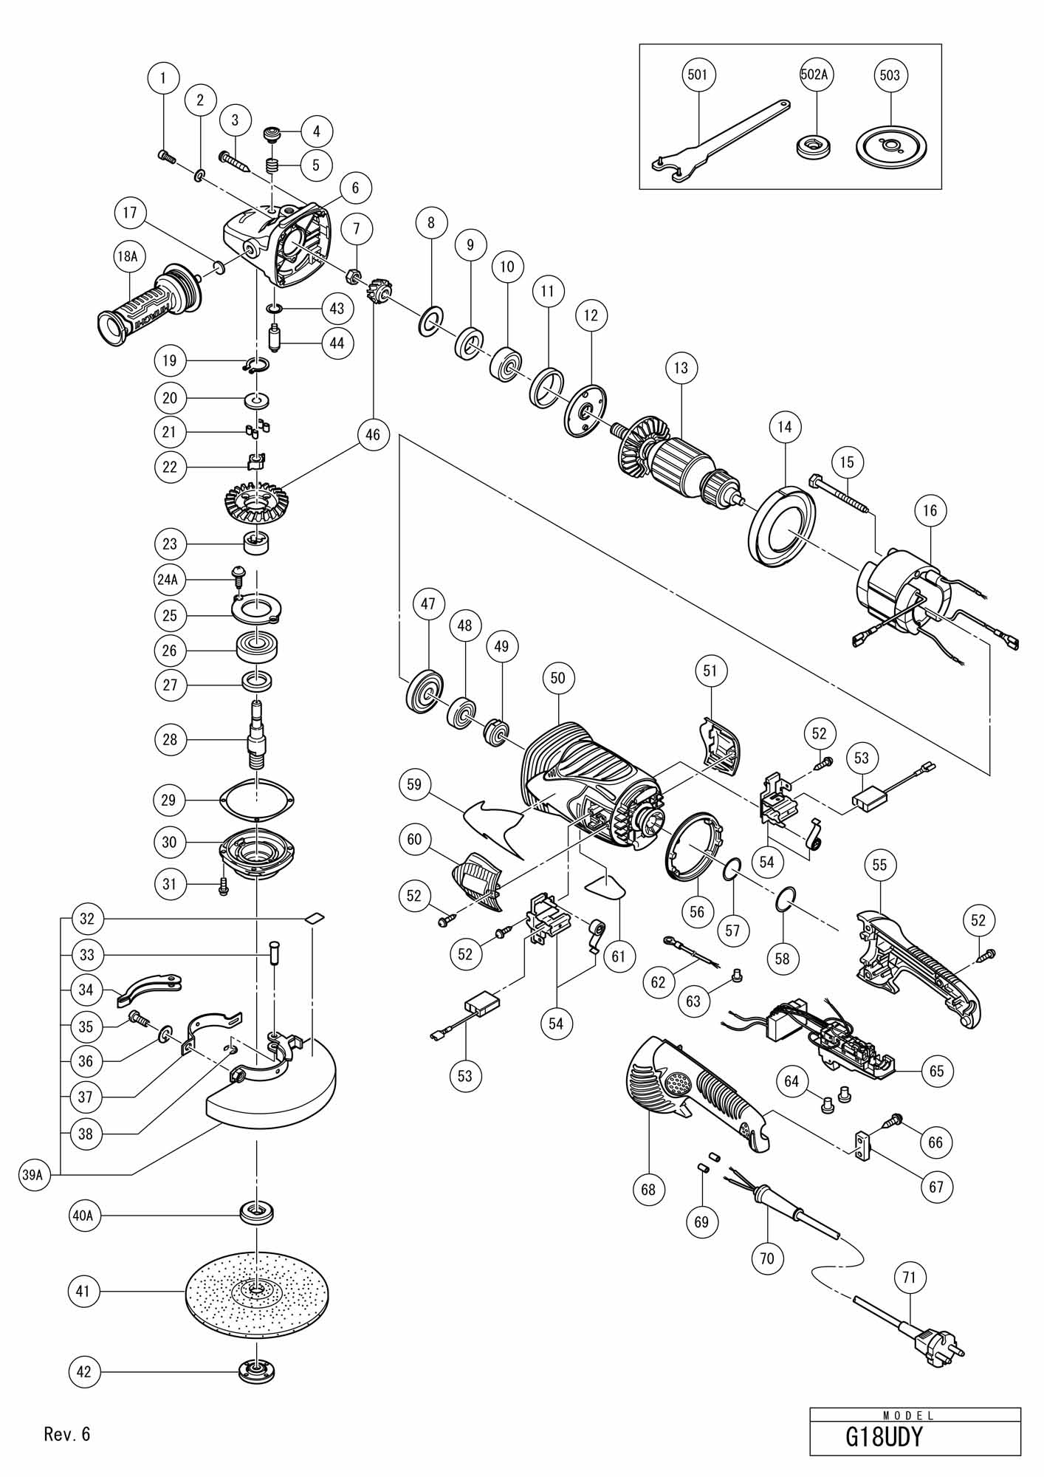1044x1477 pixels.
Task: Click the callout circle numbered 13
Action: click(x=680, y=367)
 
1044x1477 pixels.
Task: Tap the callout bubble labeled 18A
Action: click(x=127, y=256)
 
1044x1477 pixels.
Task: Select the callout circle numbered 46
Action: click(x=372, y=435)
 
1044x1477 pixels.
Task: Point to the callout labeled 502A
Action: click(x=816, y=75)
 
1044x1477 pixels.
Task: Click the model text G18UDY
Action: click(x=884, y=1438)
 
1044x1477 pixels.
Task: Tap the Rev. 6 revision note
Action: click(x=66, y=1434)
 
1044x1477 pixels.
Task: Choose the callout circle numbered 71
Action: click(x=909, y=1277)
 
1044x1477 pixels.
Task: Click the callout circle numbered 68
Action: click(x=648, y=1190)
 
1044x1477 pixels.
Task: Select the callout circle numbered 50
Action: click(x=557, y=678)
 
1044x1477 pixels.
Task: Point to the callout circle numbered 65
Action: click(x=936, y=1071)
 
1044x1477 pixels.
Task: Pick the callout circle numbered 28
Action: click(x=170, y=739)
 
